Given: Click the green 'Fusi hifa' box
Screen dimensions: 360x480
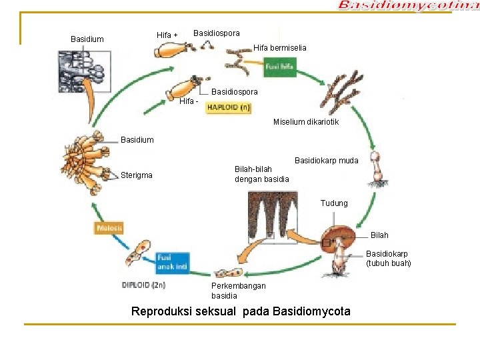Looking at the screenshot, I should coord(279,67).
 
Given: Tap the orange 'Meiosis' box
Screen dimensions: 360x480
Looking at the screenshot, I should coord(109,228).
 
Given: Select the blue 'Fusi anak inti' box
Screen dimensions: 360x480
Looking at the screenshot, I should coord(173,262).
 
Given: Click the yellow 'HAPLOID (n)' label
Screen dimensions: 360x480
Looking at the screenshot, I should coord(229,107).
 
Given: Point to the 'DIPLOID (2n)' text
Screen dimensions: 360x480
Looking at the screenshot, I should coord(144,285).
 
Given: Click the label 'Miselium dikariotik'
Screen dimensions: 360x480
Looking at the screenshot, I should coord(306,122).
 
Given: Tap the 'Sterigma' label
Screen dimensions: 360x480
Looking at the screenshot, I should coord(137,175).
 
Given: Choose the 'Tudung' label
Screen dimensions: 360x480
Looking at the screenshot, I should coord(334,203).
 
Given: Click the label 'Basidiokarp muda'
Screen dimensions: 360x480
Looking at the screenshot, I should coord(326,161).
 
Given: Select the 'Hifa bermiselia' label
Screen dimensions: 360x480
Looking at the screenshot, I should coord(280,48).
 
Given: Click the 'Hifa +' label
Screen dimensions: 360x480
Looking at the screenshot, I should coord(167,35).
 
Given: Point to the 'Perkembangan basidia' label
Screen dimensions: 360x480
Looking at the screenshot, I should coord(238,291).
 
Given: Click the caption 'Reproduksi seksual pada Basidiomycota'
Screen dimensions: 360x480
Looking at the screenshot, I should coord(241,311).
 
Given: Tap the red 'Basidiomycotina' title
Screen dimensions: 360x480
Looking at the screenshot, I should coord(408,6).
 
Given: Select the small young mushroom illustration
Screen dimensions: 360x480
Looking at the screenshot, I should coord(379,169).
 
